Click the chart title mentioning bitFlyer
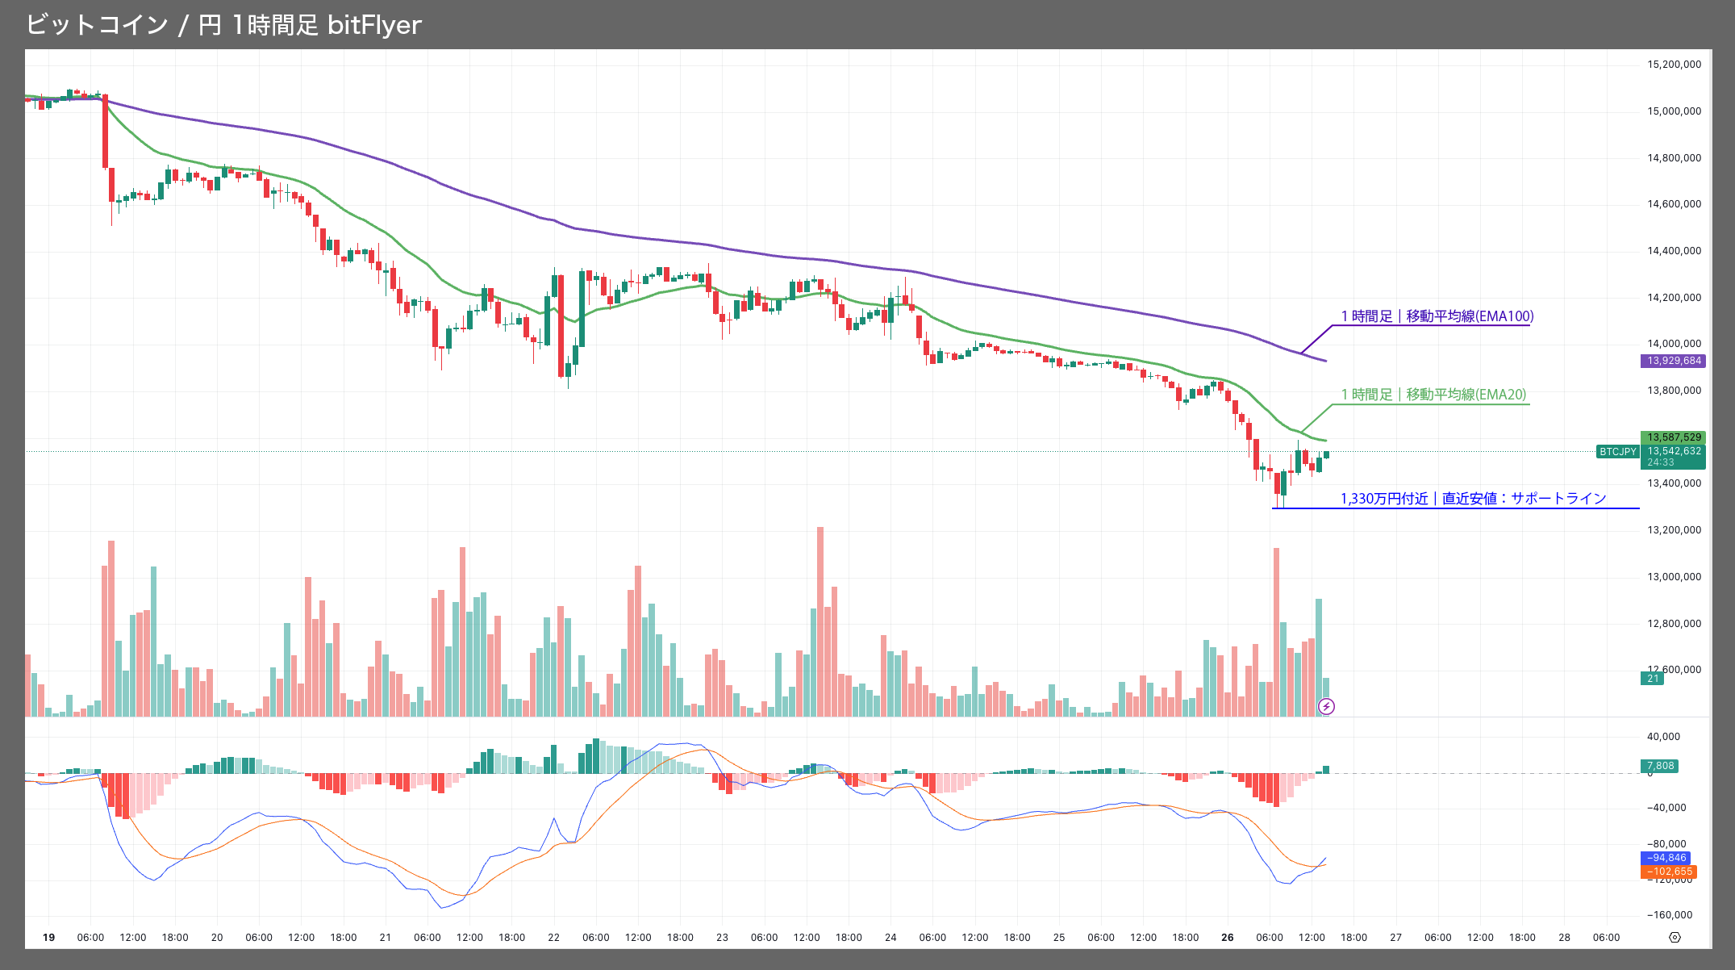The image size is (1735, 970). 223,25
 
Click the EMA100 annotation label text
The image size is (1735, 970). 1437,316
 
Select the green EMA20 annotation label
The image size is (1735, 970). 1433,395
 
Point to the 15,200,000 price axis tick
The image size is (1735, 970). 1674,65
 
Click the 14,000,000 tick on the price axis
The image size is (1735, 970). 1674,344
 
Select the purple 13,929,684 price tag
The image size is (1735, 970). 1674,361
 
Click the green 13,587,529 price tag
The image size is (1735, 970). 1674,437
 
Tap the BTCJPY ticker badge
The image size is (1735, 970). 1617,452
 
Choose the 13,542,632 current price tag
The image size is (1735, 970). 1674,452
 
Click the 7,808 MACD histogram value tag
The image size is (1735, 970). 1660,766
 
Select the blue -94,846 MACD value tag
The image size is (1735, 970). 1666,858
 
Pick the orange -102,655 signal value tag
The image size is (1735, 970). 1669,872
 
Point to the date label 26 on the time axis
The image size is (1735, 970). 1227,938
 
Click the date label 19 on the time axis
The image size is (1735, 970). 48,938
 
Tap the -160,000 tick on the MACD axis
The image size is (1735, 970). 1669,915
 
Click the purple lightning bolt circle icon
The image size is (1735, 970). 1326,707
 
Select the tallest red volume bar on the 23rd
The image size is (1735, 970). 820,621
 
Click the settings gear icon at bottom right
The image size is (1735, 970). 1675,938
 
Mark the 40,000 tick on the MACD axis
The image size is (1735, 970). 1663,737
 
